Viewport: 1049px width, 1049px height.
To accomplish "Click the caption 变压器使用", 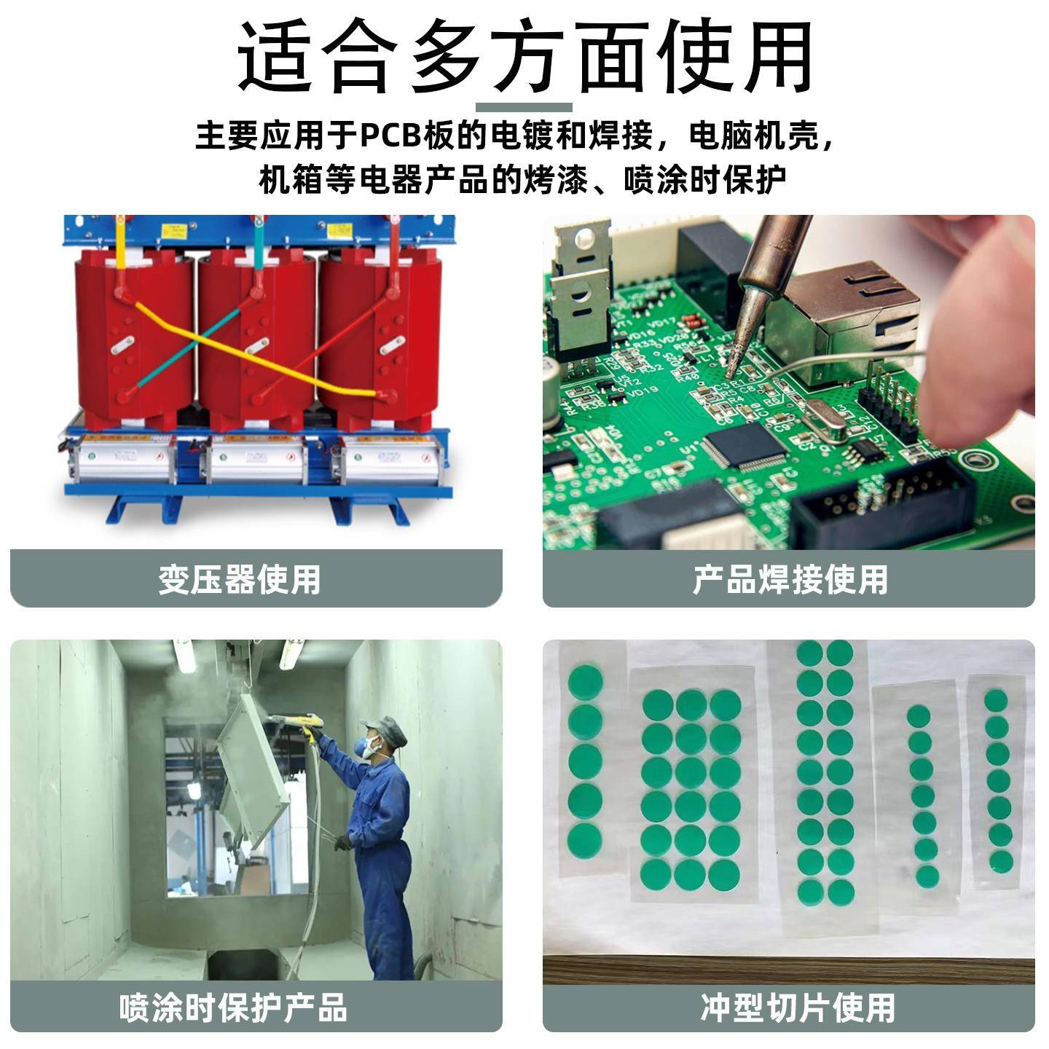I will coord(240,580).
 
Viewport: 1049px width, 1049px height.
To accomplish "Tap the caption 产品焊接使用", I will coord(790,580).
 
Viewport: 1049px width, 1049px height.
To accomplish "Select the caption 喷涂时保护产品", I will coord(233,1007).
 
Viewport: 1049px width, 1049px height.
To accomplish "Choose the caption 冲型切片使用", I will coord(798,1007).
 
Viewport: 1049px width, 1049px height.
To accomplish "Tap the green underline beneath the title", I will coord(524,108).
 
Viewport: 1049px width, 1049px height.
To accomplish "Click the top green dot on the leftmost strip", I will coord(585,681).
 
